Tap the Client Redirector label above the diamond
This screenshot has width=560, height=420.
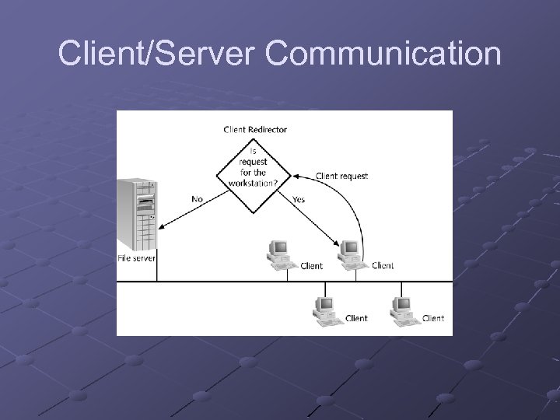click(x=255, y=129)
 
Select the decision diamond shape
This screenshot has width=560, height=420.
click(x=253, y=173)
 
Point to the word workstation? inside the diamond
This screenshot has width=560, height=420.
click(x=253, y=184)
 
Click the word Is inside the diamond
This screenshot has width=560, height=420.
click(x=253, y=152)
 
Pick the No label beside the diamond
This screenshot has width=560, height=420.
click(x=198, y=199)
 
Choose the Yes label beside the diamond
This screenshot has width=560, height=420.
click(x=299, y=200)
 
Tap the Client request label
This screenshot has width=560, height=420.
click(x=341, y=176)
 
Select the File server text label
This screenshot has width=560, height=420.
click(x=136, y=258)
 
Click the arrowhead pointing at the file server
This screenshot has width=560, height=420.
click(x=162, y=227)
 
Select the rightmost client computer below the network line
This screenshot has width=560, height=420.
click(x=403, y=308)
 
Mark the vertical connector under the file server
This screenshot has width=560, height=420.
click(x=158, y=271)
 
